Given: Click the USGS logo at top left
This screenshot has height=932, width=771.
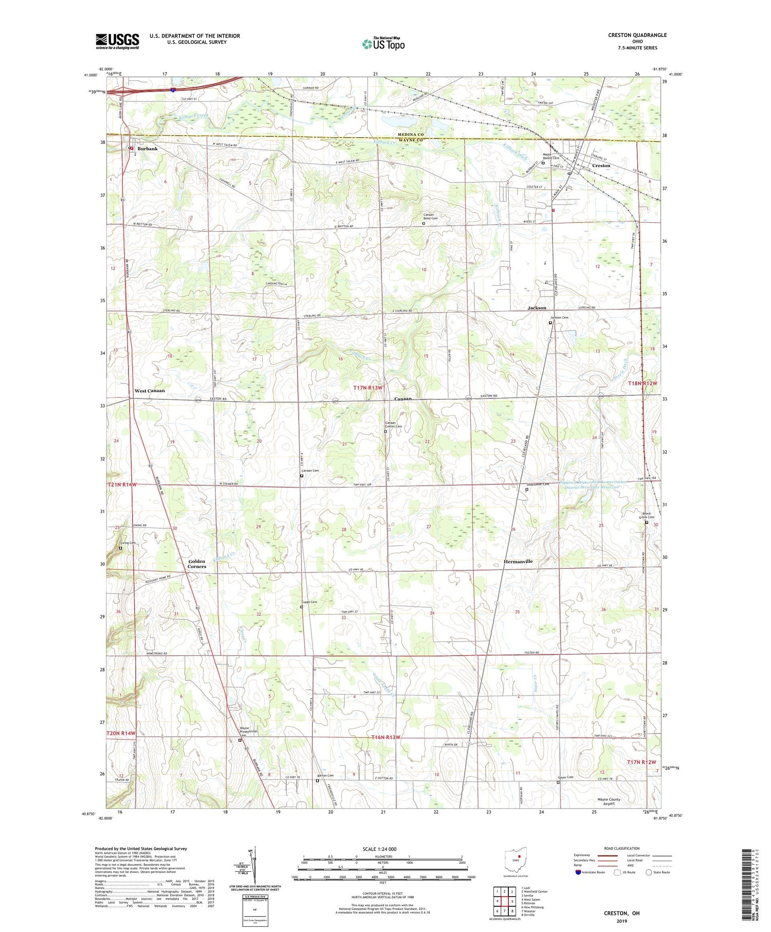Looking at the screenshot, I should pos(117,41).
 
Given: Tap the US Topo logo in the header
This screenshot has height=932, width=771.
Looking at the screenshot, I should pos(383,44).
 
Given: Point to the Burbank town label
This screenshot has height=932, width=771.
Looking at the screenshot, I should pos(148,149).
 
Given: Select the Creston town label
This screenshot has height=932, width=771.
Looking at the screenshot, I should pos(601,166).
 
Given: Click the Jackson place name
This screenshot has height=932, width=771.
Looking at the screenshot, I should pos(537,307).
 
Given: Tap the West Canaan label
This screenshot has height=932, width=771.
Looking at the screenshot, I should pos(150,391).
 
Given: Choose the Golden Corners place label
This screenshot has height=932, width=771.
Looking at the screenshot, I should pos(196,564).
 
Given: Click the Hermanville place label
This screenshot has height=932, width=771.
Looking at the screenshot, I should pos(518,561).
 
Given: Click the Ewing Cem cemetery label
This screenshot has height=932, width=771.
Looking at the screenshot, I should pos(127,543).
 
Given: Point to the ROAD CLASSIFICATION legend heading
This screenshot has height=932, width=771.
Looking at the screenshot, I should pos(621,848).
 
